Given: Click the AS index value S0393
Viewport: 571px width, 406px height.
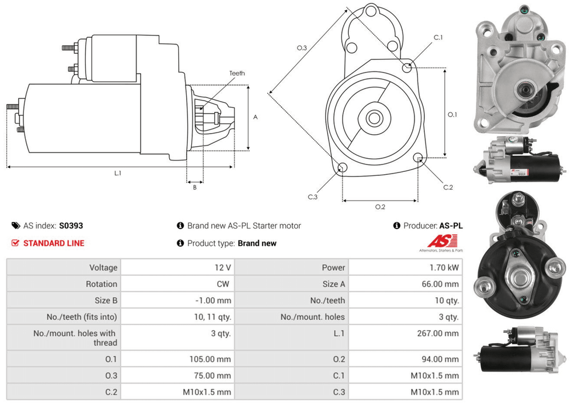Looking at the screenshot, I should (71, 226).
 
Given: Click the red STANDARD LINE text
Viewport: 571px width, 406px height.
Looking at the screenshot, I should (54, 243).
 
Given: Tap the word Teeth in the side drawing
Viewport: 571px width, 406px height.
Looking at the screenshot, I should (237, 73).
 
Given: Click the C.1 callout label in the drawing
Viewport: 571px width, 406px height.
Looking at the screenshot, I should (439, 37).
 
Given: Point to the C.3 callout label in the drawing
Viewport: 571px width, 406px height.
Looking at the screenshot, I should (312, 197).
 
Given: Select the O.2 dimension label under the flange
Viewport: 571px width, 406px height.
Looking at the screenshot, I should (380, 207).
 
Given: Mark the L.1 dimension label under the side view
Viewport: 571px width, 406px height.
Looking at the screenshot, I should (118, 173).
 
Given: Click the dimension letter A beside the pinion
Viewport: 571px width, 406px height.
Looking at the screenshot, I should (255, 117).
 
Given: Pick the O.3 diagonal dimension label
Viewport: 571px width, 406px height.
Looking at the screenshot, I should (302, 48).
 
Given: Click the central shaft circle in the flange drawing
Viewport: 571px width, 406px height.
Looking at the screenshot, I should (374, 119).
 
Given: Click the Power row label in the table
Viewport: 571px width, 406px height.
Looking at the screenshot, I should (333, 267).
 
